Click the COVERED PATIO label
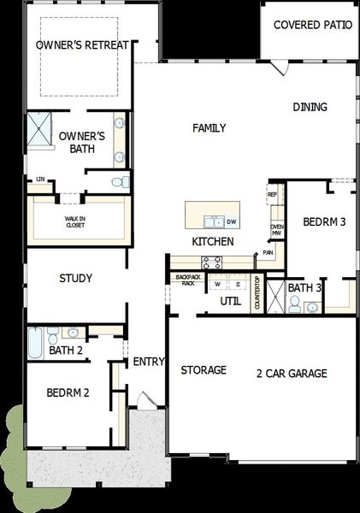click(x=312, y=25)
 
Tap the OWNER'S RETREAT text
click(x=82, y=44)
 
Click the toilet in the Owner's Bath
click(x=121, y=181)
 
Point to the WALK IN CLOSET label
click(x=76, y=221)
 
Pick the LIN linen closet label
click(x=39, y=179)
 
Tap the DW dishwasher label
click(x=231, y=222)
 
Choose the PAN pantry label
click(x=269, y=253)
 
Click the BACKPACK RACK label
click(x=186, y=280)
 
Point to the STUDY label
click(x=75, y=279)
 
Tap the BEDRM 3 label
click(x=324, y=222)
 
